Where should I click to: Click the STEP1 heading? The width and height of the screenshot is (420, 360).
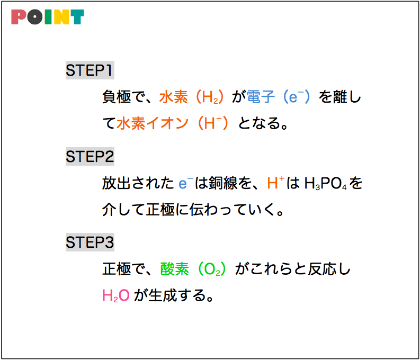[x=90, y=70]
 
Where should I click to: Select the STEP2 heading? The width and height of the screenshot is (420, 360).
[x=90, y=156]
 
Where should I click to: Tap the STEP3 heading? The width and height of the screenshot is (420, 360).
[x=90, y=242]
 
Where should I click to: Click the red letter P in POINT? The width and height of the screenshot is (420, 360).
[x=19, y=17]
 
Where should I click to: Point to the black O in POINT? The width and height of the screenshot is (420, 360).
[x=34, y=17]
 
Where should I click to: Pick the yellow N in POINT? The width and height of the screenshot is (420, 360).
[x=61, y=17]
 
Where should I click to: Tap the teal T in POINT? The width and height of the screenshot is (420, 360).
[x=77, y=17]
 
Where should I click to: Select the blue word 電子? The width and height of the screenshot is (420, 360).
[x=261, y=97]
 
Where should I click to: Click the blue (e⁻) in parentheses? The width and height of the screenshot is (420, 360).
[x=297, y=97]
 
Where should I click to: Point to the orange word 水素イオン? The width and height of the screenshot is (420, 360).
[x=153, y=123]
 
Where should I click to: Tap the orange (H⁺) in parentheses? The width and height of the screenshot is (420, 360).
[x=213, y=123]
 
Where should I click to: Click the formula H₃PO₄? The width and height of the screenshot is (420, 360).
[x=325, y=184]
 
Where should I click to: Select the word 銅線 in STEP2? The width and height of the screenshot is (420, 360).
[x=223, y=183]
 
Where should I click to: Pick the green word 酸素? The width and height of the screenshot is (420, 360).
[x=174, y=269]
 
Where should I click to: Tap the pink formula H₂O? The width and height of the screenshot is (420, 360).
[x=116, y=296]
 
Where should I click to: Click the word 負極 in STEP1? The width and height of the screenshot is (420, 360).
[x=117, y=97]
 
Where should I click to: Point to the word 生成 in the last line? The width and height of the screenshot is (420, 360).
[x=163, y=295]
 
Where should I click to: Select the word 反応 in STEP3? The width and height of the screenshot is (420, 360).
[x=322, y=269]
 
